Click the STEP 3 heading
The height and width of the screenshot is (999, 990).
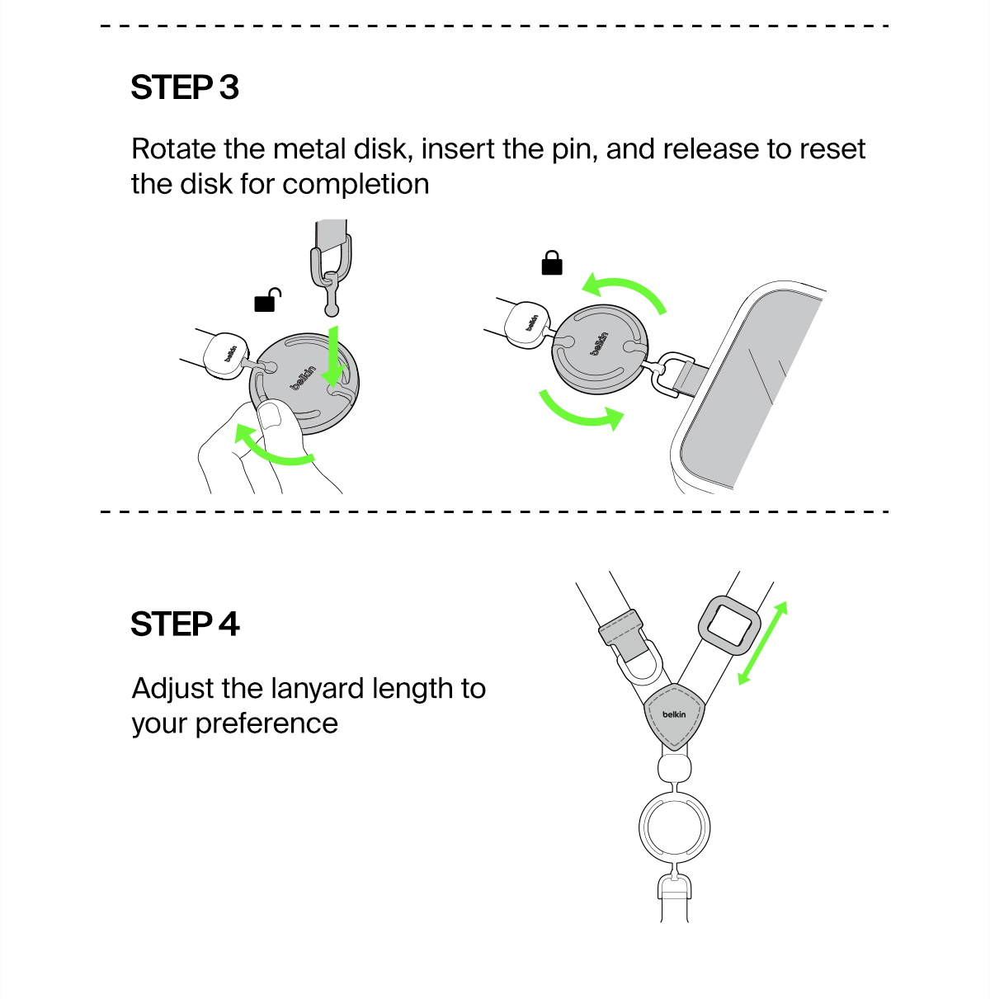(185, 87)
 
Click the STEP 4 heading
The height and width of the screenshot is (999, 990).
(185, 624)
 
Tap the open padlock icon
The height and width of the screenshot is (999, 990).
(267, 299)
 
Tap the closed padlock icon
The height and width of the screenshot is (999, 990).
(552, 263)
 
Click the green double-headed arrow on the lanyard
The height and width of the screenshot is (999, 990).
(762, 643)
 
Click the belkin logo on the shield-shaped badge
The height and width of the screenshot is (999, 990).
(674, 714)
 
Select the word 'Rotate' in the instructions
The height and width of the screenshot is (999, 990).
(174, 149)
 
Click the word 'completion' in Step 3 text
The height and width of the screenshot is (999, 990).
(356, 185)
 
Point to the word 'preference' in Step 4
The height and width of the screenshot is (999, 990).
(266, 724)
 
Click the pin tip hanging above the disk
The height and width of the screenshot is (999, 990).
(332, 310)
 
